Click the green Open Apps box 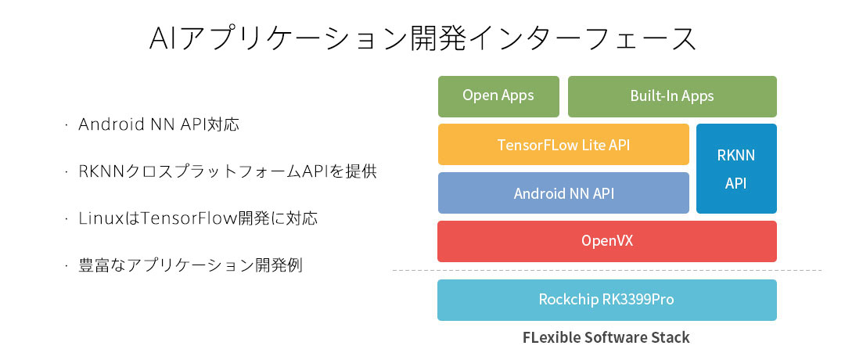tap(498, 96)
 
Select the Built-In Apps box tap(672, 96)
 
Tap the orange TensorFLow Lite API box tap(563, 145)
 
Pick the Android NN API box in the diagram tap(563, 193)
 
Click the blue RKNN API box tap(736, 168)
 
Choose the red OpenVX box tap(606, 241)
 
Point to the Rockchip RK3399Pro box tap(606, 300)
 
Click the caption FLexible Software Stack tap(606, 338)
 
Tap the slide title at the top tap(422, 38)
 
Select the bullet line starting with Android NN tap(158, 124)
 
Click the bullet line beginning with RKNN tap(228, 171)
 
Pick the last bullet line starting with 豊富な tap(190, 265)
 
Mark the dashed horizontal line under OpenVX tap(606, 271)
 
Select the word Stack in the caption tap(671, 338)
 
